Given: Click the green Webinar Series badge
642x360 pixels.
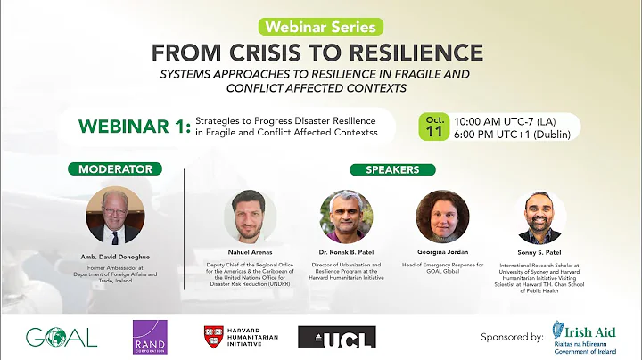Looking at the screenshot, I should pyautogui.click(x=320, y=26).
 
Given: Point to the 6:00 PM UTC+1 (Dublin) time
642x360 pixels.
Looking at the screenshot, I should pyautogui.click(x=512, y=135).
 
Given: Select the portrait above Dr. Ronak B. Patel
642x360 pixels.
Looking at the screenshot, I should pyautogui.click(x=346, y=217).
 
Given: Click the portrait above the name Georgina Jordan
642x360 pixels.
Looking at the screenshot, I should pyautogui.click(x=442, y=217).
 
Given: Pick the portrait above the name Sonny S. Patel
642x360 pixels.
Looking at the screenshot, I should pyautogui.click(x=543, y=217).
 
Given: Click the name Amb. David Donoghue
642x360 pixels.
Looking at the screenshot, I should pyautogui.click(x=115, y=257).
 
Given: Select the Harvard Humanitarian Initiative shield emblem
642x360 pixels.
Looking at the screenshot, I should pyautogui.click(x=214, y=336).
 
